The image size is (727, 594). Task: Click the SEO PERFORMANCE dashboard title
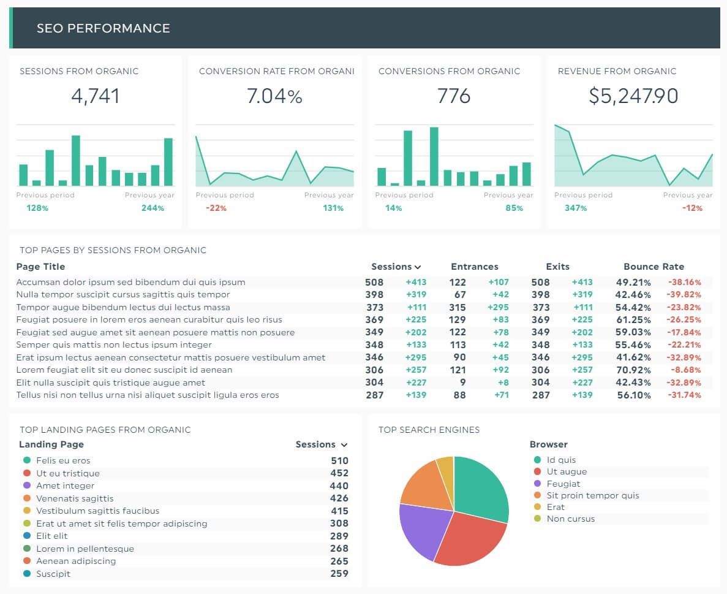[103, 28]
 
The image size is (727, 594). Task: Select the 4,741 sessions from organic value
[95, 96]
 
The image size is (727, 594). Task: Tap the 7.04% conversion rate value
[274, 96]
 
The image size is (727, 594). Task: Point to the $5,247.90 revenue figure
[633, 96]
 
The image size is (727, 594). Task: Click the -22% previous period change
[216, 208]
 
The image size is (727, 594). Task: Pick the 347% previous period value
[576, 208]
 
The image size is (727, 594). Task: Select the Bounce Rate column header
[654, 267]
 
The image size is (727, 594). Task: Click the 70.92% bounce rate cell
[633, 370]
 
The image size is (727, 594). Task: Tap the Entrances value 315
[457, 307]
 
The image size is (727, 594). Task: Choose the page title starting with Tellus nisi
[148, 395]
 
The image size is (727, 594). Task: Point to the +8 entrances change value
[502, 383]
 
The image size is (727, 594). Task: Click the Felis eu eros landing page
[63, 461]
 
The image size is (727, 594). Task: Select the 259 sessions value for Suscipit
[339, 574]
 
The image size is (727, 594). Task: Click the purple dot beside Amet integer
[26, 486]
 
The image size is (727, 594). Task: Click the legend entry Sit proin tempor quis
[592, 495]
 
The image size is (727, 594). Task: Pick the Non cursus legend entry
[570, 519]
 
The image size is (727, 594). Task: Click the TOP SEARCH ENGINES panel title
[429, 430]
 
